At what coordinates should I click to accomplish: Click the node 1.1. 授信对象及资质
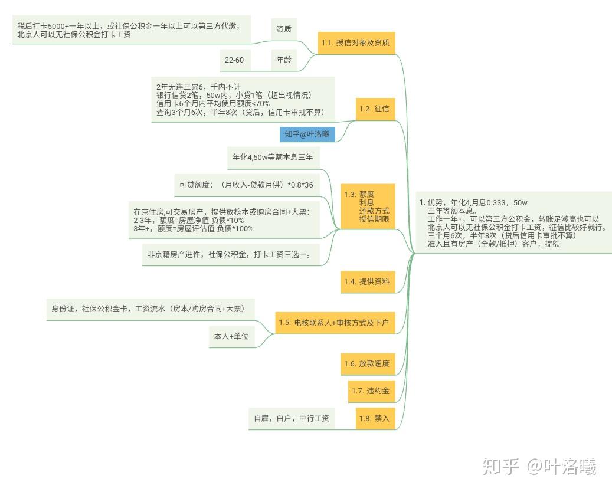pos(356,42)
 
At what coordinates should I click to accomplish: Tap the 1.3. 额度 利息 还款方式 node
pos(367,206)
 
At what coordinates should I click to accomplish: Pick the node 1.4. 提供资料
pos(367,281)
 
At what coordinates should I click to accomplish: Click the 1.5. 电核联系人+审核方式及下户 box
pos(334,322)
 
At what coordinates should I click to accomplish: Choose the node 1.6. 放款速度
pos(367,363)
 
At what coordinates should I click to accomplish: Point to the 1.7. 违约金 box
pos(371,391)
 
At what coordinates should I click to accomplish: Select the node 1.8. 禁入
pos(375,418)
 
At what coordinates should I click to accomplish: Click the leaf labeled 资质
pos(284,28)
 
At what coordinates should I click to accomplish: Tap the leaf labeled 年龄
pos(284,60)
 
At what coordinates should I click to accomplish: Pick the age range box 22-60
pos(234,60)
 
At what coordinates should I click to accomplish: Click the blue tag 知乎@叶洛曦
pos(307,135)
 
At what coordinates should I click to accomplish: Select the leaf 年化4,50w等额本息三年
pos(273,158)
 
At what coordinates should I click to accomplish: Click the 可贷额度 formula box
pos(246,185)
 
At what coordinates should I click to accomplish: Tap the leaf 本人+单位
pos(231,336)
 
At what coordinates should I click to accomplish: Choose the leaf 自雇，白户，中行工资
pos(291,418)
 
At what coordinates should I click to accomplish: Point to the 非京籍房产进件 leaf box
pos(230,255)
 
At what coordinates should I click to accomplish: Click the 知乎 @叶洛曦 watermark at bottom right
pos(539,467)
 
